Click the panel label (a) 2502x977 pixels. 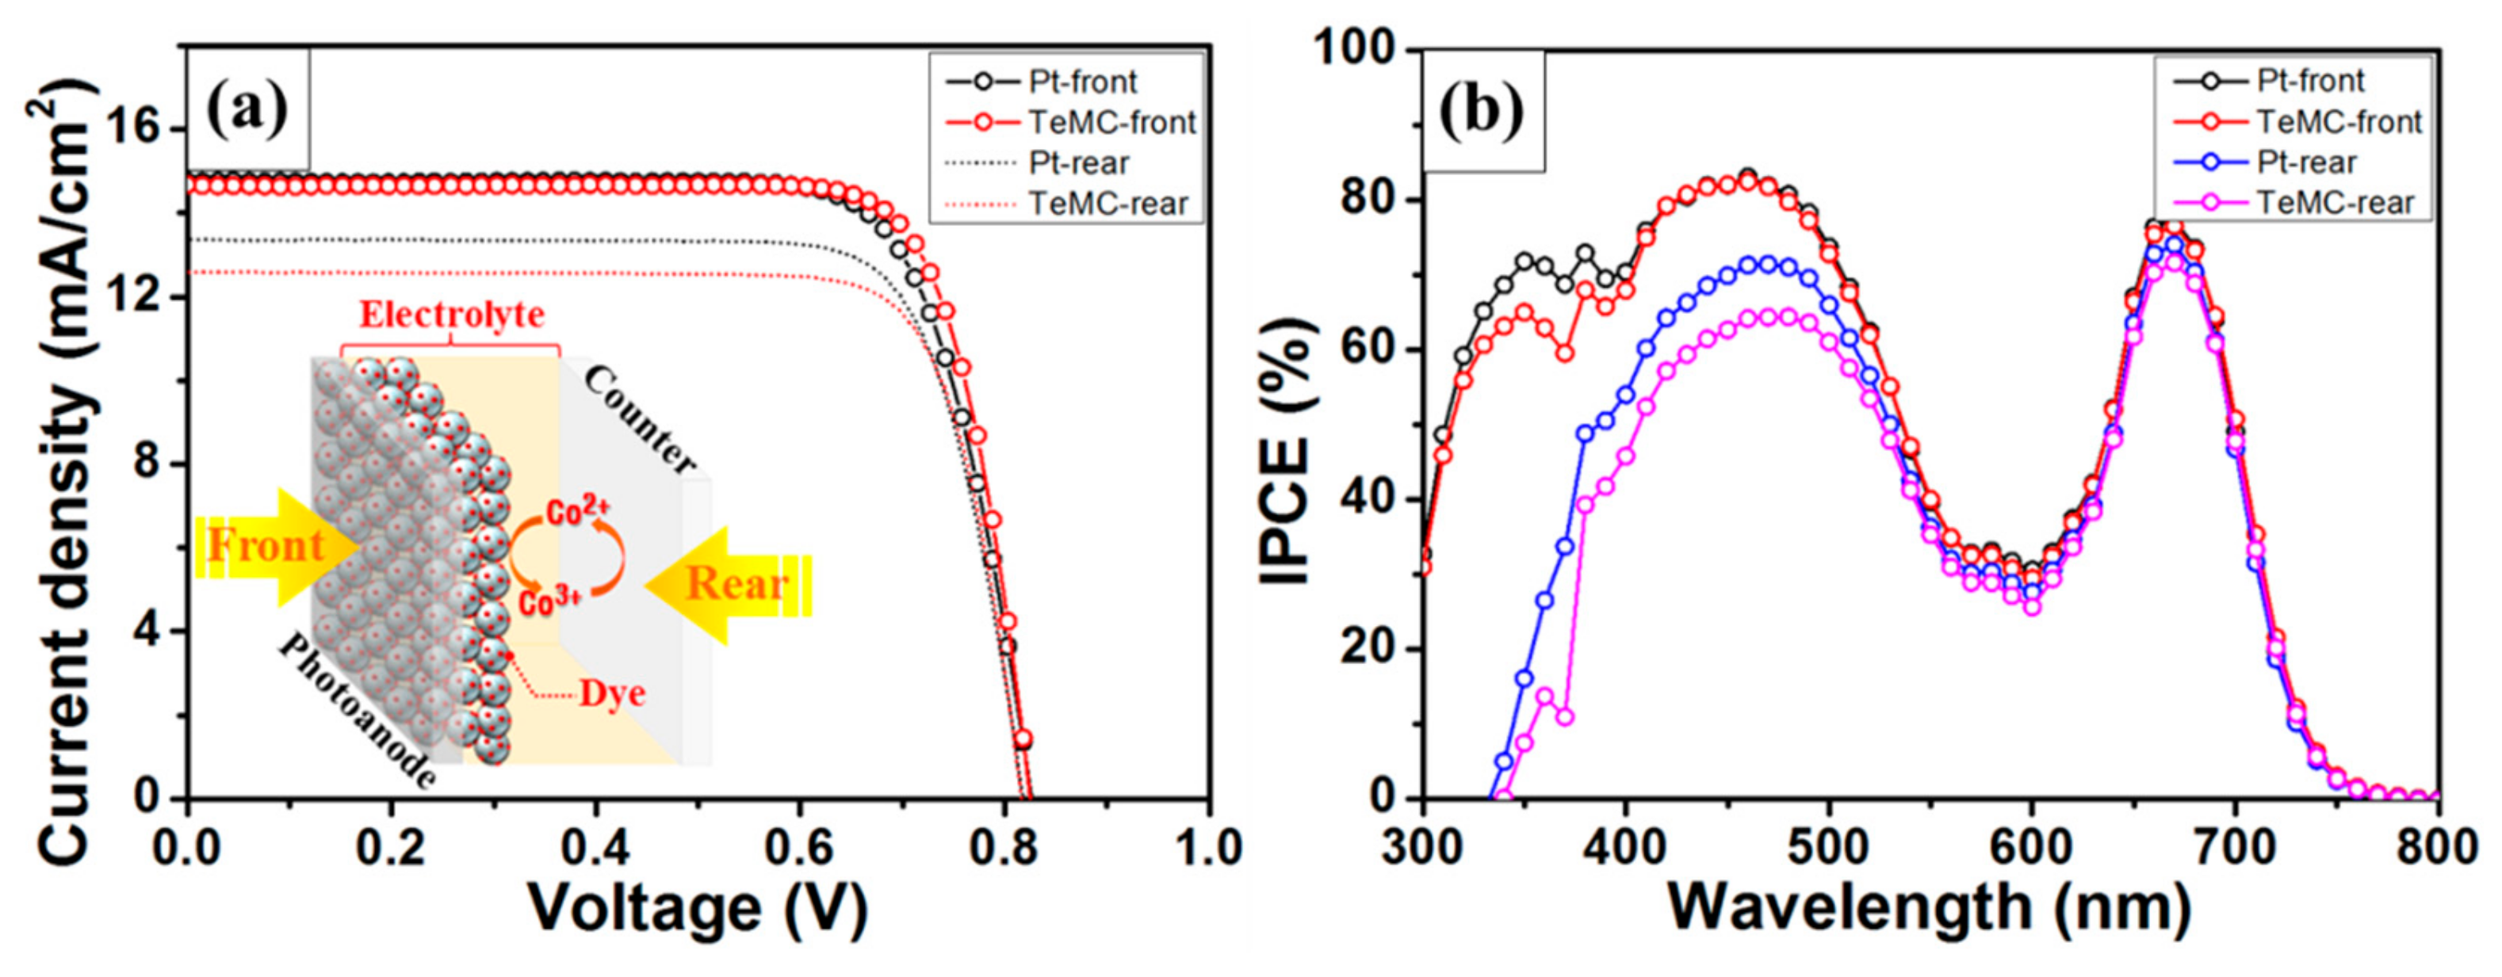tap(247, 109)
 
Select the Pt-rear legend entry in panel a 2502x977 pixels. tap(1078, 163)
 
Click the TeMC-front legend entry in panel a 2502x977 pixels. tap(1111, 122)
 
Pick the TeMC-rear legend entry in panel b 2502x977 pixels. tap(2335, 203)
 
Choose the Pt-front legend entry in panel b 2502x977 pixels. tap(2309, 81)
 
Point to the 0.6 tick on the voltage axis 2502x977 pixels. tap(798, 847)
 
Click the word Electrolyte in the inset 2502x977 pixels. tap(452, 315)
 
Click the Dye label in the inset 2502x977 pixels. tap(612, 694)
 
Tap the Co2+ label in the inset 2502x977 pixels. tap(577, 512)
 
